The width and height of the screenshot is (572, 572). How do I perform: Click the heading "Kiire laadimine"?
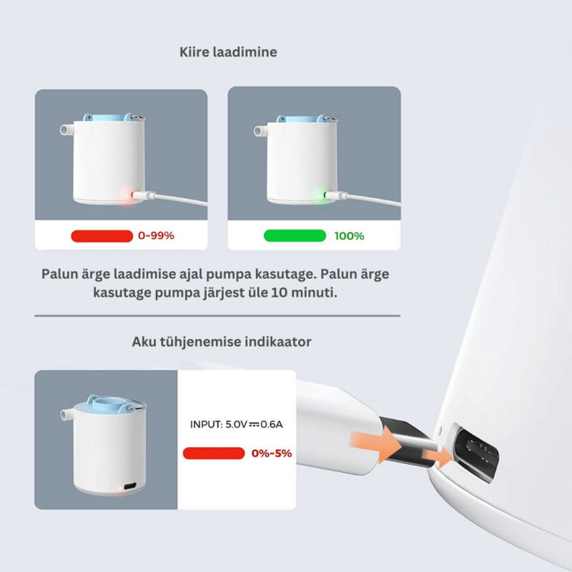228,52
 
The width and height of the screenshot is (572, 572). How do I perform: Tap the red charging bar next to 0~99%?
102,236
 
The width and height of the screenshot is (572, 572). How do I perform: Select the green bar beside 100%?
295,236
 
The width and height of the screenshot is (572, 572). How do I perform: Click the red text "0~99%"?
156,236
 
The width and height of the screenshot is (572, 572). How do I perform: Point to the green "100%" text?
349,236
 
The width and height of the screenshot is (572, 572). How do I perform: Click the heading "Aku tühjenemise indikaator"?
222,342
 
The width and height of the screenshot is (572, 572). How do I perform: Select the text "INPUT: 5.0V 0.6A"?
237,424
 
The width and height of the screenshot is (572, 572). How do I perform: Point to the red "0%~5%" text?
272,453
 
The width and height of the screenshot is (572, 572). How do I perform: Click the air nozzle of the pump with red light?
64,132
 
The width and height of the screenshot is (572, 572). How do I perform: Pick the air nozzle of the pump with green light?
260,132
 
